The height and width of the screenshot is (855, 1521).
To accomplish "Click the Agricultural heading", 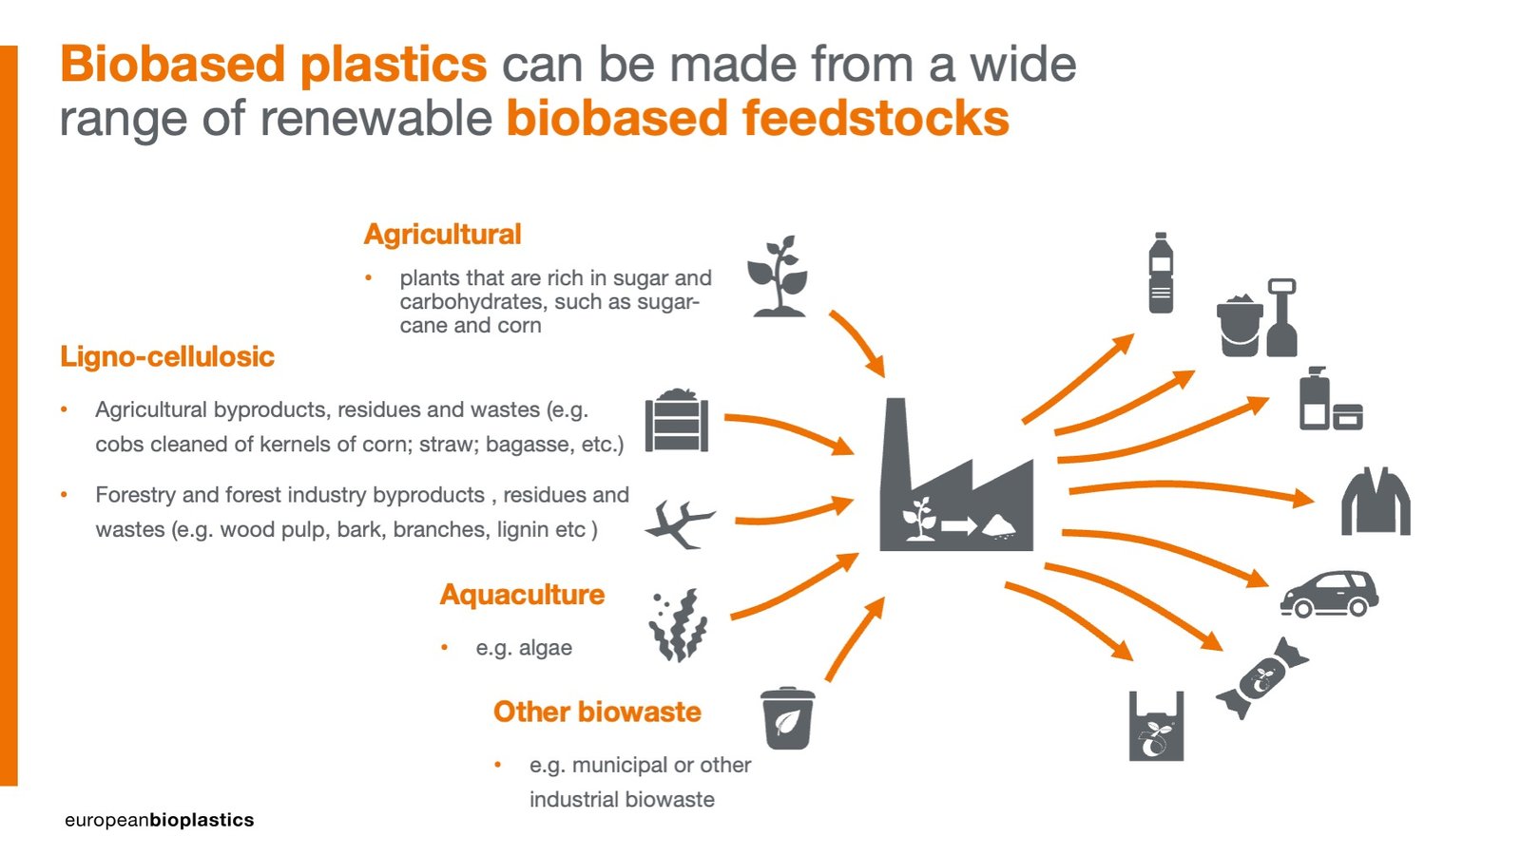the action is click(442, 234).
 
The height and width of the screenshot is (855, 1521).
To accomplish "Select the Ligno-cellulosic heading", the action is click(167, 356).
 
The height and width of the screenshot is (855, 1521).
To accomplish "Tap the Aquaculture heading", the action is click(522, 595).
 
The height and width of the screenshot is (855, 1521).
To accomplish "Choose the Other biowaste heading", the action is click(597, 712).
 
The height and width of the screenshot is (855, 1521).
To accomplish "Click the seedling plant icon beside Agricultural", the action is click(779, 276).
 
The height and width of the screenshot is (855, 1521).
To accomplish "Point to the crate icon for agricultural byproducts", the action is click(676, 421).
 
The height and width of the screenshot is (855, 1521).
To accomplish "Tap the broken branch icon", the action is click(679, 524).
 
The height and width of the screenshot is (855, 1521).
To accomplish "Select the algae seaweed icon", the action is click(679, 625).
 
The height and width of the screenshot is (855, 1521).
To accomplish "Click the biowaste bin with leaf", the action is click(787, 718).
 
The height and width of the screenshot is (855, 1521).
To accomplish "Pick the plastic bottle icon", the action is click(1161, 273).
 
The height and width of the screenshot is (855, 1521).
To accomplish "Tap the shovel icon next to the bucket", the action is click(1281, 317).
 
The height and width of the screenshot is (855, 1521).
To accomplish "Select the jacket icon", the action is click(1376, 503).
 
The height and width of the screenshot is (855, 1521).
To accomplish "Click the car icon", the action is click(1330, 595).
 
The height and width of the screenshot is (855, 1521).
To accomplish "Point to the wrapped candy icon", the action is click(1262, 678).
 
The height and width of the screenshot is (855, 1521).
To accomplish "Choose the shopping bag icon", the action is click(1156, 727).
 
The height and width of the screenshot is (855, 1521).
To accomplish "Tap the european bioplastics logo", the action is click(160, 821).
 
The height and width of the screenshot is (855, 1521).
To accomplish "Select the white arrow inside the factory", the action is click(959, 525).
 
